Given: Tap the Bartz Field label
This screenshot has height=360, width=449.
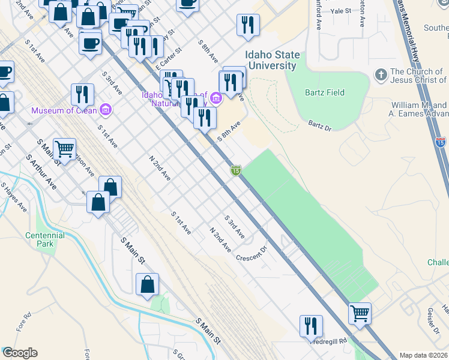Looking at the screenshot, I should click(324, 92).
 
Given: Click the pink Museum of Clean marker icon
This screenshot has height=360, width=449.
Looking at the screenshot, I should click(106, 110).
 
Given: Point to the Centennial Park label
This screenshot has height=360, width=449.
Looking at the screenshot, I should click(45, 239).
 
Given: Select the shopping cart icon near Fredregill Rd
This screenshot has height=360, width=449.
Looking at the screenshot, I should click(360, 313).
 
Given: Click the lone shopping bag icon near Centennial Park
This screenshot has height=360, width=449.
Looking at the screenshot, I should click(147, 284).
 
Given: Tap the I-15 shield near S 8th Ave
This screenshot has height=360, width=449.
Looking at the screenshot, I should click(237, 171).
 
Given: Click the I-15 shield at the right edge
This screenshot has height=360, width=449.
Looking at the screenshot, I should click(441, 142).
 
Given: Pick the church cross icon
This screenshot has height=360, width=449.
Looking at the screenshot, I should click(381, 76).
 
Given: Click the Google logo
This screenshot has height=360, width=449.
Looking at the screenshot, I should click(20, 353).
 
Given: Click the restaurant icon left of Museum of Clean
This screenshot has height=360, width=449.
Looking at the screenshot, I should click(82, 94).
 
